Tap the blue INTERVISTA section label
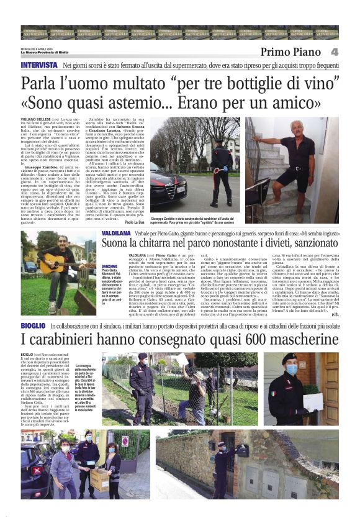tap(40, 65)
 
